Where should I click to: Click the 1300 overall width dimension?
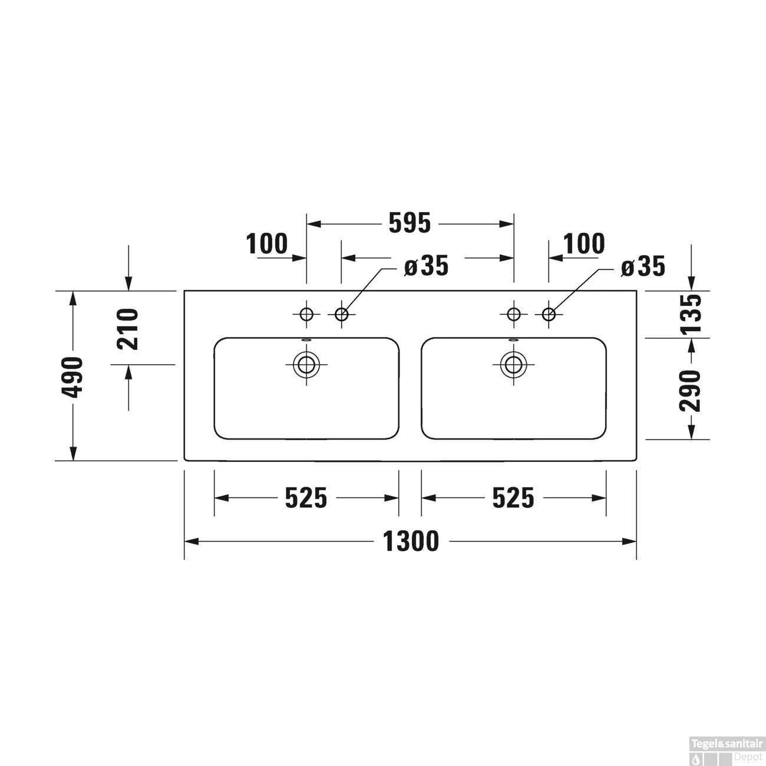411,542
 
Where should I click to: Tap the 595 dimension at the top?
410,223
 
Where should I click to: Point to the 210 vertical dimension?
128,329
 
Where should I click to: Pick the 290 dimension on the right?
691,390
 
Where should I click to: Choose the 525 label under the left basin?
306,498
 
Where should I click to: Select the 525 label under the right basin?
513,498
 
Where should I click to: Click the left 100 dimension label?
267,244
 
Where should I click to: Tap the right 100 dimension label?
584,243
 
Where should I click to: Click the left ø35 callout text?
427,266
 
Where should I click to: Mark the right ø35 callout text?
643,267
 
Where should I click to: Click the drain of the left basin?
306,365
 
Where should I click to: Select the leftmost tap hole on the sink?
306,314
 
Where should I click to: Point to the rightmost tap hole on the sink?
549,314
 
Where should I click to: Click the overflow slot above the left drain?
306,340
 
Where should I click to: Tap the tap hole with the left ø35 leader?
341,314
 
